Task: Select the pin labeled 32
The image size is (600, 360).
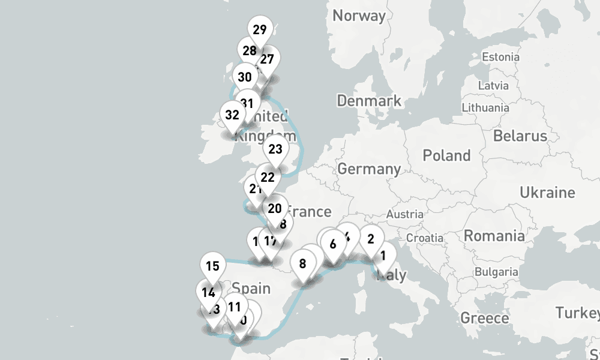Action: (x=232, y=115)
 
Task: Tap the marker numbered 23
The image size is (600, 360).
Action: (x=275, y=149)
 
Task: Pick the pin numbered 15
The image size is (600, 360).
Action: (x=212, y=266)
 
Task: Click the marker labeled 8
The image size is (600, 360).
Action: (x=302, y=264)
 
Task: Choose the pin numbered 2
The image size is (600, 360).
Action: (x=371, y=239)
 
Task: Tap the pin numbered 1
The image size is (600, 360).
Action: (x=383, y=255)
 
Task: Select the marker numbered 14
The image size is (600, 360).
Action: (x=209, y=293)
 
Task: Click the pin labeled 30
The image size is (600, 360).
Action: (x=245, y=77)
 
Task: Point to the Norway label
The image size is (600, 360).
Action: (x=359, y=16)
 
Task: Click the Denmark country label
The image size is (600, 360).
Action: (x=369, y=100)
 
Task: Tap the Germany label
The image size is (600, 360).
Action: (x=368, y=169)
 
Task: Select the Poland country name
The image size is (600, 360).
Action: (x=446, y=156)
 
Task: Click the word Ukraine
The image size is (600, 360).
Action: (x=547, y=193)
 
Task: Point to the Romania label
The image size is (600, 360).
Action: (x=494, y=236)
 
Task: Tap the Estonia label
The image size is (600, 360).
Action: (x=500, y=57)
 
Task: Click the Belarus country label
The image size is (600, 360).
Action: (x=520, y=136)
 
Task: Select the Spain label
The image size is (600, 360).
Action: (x=251, y=288)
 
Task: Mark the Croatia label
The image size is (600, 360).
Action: (x=424, y=238)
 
